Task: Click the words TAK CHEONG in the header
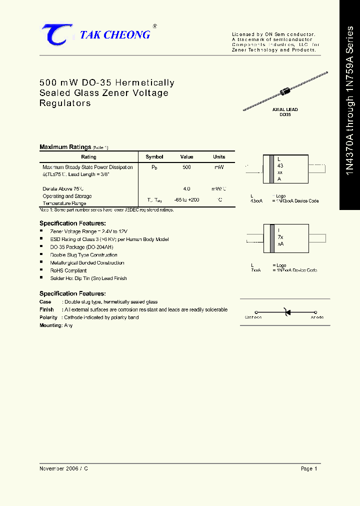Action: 115,34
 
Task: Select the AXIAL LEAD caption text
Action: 285,109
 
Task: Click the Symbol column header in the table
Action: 154,156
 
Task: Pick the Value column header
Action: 186,156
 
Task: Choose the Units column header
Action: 219,156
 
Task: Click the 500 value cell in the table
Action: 186,167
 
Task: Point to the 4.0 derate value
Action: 186,189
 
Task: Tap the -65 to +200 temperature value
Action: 186,199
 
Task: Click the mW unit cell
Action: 219,167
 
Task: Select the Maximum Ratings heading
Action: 65,147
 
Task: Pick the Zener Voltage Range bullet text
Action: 88,231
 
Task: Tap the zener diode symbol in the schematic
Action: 286,312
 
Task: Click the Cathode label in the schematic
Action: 253,317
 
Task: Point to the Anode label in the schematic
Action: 317,317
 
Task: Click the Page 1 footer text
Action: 309,468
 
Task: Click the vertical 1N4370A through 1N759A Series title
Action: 349,104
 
